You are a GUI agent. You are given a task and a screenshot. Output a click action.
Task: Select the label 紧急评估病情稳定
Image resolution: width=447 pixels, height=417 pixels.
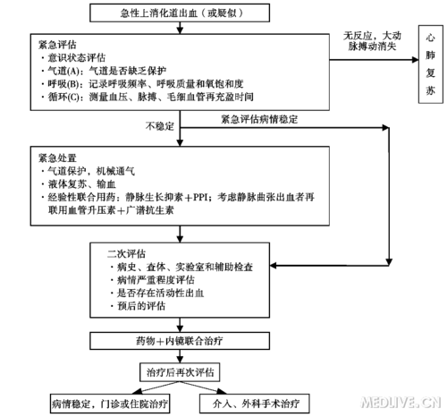click(x=258, y=117)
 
